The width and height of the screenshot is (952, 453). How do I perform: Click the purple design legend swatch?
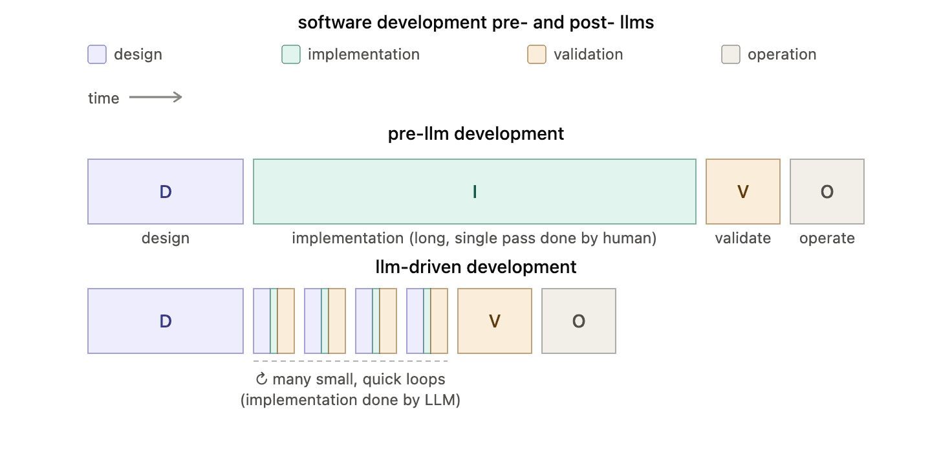pyautogui.click(x=97, y=54)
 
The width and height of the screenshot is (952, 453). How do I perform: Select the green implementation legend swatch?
pyautogui.click(x=291, y=54)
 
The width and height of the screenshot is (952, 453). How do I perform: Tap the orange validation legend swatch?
pyautogui.click(x=537, y=54)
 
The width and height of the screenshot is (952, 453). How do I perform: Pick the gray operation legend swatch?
pyautogui.click(x=731, y=54)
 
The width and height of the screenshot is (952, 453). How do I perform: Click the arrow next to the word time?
pyautogui.click(x=156, y=98)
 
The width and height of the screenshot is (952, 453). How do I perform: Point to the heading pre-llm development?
pyautogui.click(x=475, y=134)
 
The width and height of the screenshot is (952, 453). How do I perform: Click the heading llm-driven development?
pyautogui.click(x=475, y=267)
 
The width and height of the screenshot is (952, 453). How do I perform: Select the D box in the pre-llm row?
pyautogui.click(x=166, y=192)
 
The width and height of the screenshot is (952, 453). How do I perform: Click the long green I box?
pyautogui.click(x=474, y=192)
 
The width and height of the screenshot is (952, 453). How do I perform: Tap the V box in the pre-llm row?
pyautogui.click(x=743, y=192)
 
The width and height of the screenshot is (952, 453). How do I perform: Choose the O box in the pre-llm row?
pyautogui.click(x=827, y=192)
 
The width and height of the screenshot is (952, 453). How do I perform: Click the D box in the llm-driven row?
pyautogui.click(x=166, y=321)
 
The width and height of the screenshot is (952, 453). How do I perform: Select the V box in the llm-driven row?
pyautogui.click(x=495, y=321)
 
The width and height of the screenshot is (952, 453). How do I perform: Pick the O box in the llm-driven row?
pyautogui.click(x=579, y=321)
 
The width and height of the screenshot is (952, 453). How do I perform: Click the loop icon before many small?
pyautogui.click(x=261, y=379)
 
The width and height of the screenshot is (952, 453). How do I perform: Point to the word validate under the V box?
pyautogui.click(x=743, y=238)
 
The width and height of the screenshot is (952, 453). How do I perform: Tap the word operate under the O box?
pyautogui.click(x=827, y=239)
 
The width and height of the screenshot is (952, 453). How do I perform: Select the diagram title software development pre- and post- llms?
pyautogui.click(x=475, y=23)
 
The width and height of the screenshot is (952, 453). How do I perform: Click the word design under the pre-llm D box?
pyautogui.click(x=166, y=239)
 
